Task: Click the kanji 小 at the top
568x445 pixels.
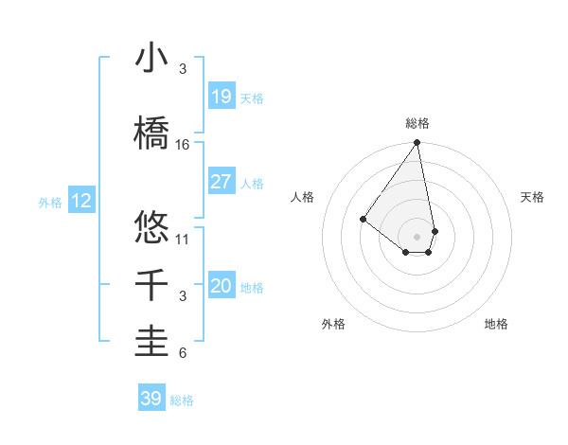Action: click(x=151, y=59)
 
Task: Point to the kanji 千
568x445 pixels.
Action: click(x=151, y=285)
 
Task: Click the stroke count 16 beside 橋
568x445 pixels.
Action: click(x=183, y=145)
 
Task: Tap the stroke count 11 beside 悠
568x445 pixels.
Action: click(x=183, y=239)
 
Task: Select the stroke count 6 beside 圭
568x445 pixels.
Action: click(x=183, y=354)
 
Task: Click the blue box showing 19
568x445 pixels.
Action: click(x=221, y=97)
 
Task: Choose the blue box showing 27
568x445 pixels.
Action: click(x=221, y=182)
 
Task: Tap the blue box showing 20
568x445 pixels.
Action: click(x=221, y=286)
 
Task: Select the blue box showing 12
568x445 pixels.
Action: click(x=80, y=201)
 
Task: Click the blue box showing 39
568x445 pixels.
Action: click(x=151, y=399)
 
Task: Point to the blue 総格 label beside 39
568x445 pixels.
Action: click(x=183, y=400)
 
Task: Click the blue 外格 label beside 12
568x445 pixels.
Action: click(x=50, y=202)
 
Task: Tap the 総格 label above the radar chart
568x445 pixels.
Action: click(x=417, y=123)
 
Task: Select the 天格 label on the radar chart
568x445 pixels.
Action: click(x=532, y=197)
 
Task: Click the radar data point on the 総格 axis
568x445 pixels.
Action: click(x=417, y=143)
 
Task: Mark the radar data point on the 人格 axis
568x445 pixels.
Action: click(x=363, y=219)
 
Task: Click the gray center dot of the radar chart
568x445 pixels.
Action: click(x=417, y=236)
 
